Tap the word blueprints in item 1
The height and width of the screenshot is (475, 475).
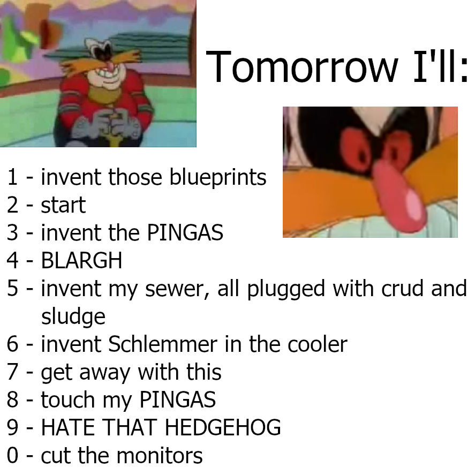[218, 177]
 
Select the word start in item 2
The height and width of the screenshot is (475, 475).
[63, 205]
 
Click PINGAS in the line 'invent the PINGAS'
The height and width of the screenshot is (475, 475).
[185, 232]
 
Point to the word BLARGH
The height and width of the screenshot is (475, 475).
[81, 260]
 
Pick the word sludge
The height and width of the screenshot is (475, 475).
[73, 317]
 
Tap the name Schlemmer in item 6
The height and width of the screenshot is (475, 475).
[163, 344]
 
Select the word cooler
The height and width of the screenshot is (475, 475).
[318, 344]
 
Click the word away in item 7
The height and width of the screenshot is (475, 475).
[105, 373]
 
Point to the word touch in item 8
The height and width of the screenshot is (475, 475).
[68, 399]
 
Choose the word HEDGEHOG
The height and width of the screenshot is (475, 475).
[223, 427]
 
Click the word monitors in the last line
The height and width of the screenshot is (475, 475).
[160, 455]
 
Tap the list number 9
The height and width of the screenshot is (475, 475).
[12, 427]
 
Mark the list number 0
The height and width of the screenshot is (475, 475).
[12, 455]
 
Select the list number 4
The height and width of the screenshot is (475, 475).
[12, 260]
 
